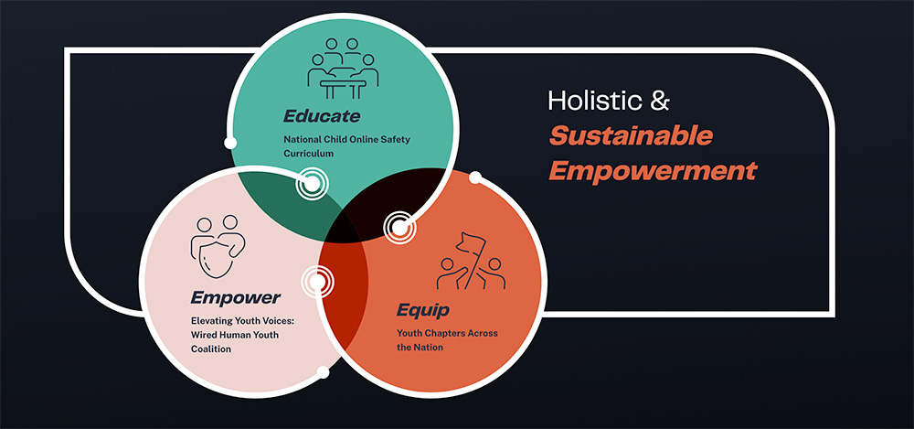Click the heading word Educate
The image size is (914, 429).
click(x=322, y=115)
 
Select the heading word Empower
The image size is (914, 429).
click(x=236, y=298)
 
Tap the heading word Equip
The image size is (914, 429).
click(x=422, y=310)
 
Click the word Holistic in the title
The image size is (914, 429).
click(x=595, y=101)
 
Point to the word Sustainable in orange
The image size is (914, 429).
click(x=631, y=136)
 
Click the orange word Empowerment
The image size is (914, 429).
click(x=653, y=171)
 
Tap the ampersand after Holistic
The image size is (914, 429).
click(x=660, y=101)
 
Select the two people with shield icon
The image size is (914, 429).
click(x=218, y=246)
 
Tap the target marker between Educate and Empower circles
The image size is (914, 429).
click(x=313, y=184)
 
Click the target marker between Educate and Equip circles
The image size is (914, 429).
click(x=399, y=227)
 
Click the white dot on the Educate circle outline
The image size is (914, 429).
click(x=230, y=143)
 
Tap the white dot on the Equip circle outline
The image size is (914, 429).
click(x=475, y=177)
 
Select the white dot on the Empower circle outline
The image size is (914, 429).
click(x=323, y=371)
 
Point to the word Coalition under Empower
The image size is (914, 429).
click(x=211, y=349)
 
